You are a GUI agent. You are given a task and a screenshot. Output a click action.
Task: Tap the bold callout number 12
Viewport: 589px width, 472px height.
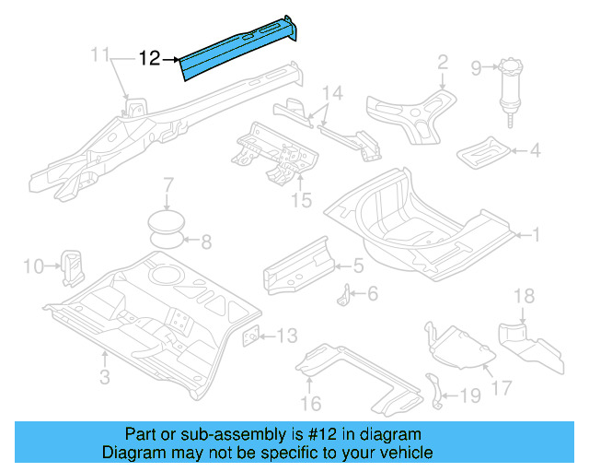pos(150,59)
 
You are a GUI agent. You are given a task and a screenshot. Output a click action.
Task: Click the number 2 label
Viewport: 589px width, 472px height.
pos(443,63)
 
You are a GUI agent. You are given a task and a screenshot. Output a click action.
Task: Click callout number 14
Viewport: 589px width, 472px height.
pos(332,93)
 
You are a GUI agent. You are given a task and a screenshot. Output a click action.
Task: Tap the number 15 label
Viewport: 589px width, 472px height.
pos(301,199)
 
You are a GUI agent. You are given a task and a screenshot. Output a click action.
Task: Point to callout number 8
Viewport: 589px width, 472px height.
pos(206,243)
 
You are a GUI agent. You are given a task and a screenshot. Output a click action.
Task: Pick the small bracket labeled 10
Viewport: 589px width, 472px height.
pos(71,265)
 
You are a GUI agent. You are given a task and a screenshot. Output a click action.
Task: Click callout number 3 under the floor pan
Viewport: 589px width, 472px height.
pos(104,376)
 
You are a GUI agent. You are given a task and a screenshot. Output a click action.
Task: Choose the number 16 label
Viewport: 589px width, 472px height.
pos(311,402)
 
